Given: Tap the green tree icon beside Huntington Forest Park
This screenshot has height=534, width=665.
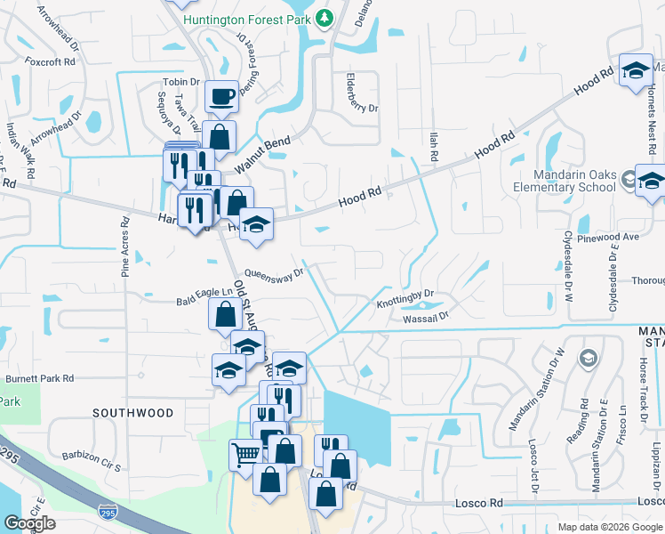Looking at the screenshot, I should pos(324,17).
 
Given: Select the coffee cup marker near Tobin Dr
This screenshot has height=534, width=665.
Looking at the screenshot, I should pos(221,96).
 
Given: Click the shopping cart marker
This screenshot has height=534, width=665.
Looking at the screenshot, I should pos(245,455).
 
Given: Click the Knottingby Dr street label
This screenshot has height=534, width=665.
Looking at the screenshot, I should pos(405,299).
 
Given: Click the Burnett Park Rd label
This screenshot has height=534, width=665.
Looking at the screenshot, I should pos(40,378).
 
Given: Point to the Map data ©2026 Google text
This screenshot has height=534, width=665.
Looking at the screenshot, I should pos(609,527).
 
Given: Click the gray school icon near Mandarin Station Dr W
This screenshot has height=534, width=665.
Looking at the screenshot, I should pos(587,358).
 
